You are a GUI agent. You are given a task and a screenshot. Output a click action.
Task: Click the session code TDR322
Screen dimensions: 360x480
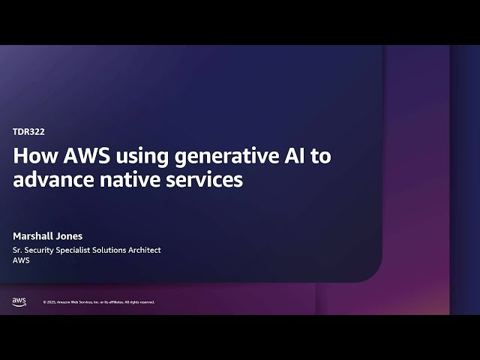point(28,131)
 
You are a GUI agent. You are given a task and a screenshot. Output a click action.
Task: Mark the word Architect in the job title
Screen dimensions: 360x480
point(142,250)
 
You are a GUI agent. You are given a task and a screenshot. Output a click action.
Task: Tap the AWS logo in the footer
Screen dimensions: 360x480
point(19,301)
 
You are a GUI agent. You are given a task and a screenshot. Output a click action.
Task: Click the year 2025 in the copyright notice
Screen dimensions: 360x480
point(52,302)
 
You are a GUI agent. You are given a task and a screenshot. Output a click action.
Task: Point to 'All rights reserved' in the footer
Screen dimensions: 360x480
point(139,302)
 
